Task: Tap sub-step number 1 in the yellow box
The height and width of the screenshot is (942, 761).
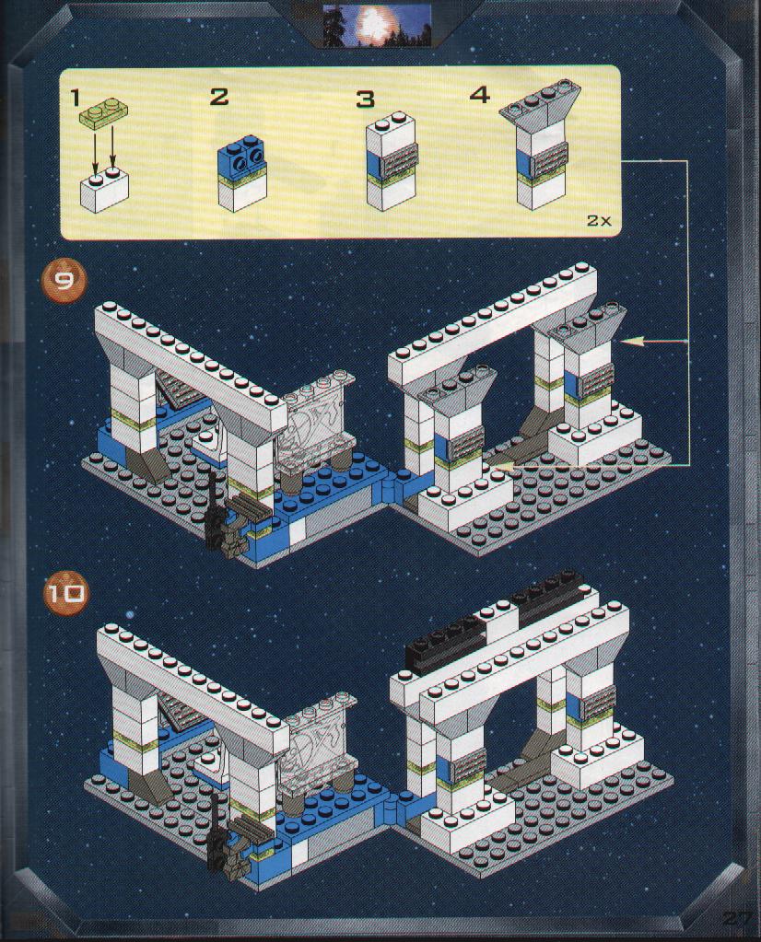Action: [x=76, y=97]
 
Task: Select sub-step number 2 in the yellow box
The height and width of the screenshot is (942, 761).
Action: [x=218, y=97]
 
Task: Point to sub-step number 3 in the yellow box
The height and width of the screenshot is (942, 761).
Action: [x=365, y=99]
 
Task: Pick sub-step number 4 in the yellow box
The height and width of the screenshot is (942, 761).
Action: [x=480, y=94]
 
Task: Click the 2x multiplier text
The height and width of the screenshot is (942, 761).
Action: [x=599, y=220]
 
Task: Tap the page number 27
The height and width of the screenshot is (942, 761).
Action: [x=736, y=918]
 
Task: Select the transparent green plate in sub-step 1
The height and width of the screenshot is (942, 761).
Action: [x=104, y=112]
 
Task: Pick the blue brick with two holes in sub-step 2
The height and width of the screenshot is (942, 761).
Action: [x=241, y=158]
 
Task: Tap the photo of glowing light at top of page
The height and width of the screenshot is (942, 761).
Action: [x=377, y=25]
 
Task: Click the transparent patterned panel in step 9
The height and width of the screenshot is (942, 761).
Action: [x=317, y=421]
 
